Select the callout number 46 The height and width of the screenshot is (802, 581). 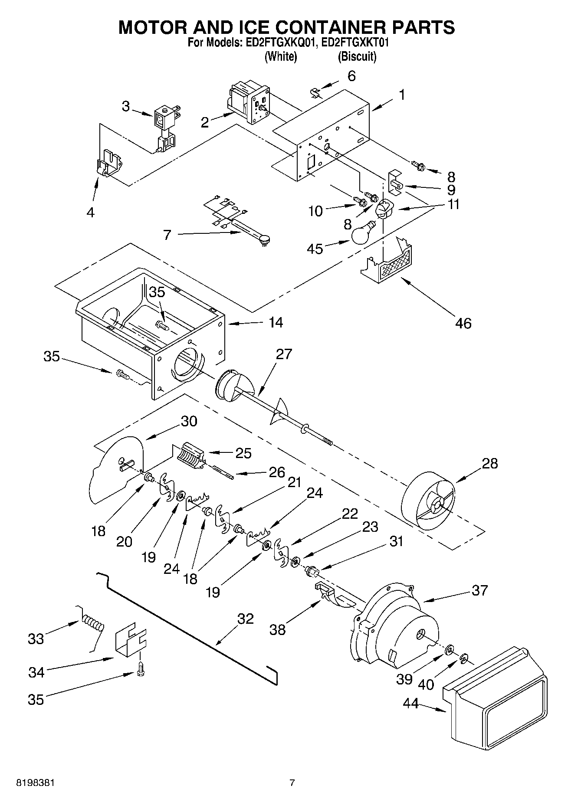click(x=463, y=323)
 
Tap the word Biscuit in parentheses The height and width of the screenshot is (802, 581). click(x=357, y=57)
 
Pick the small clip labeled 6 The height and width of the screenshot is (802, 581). click(x=315, y=92)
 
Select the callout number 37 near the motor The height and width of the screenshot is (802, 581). click(x=479, y=590)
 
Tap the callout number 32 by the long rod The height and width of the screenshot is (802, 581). click(x=245, y=619)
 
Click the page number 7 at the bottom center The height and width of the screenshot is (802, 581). click(x=292, y=783)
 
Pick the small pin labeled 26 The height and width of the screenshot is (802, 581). click(x=224, y=472)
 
